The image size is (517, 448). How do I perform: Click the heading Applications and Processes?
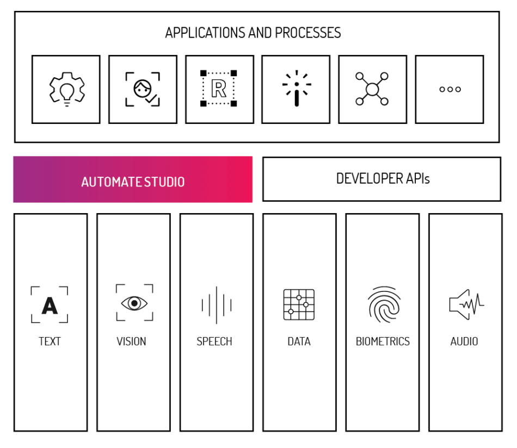[x=253, y=33]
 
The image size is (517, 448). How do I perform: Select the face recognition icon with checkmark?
[x=143, y=89]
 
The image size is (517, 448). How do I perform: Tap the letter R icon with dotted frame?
[x=219, y=88]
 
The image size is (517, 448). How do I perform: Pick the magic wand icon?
[x=297, y=88]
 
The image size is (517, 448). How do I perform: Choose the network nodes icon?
[x=372, y=89]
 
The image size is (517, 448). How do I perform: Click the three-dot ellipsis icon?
[x=450, y=89]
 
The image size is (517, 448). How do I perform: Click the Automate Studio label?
[x=133, y=182]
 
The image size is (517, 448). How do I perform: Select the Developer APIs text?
[x=383, y=178]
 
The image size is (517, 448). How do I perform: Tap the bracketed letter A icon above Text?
[x=50, y=305]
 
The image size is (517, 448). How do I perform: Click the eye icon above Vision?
[x=134, y=303]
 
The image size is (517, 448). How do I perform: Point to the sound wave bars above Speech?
[x=216, y=305]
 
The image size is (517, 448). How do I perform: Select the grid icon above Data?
[x=299, y=304]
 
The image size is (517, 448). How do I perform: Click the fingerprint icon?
[x=384, y=304]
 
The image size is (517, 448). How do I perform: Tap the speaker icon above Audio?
[x=466, y=304]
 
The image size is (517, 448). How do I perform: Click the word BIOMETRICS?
[x=383, y=341]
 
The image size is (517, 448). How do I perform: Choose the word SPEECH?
[x=214, y=341]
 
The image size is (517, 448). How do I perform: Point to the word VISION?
[x=131, y=341]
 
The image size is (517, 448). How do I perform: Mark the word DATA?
[x=299, y=341]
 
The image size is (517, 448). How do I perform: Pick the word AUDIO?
[x=464, y=341]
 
